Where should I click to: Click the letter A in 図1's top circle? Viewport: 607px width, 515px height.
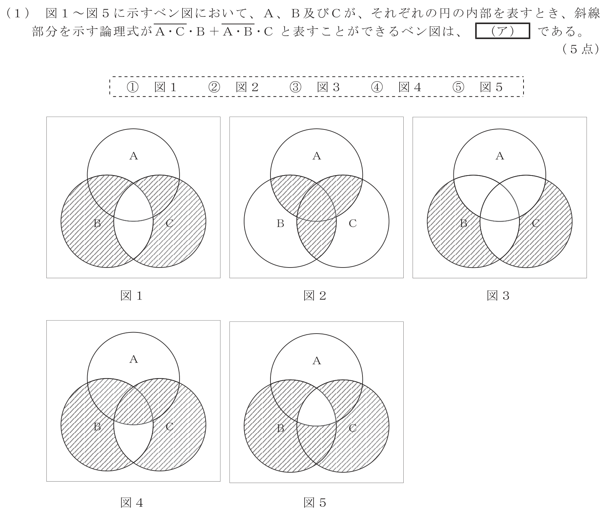click(x=133, y=156)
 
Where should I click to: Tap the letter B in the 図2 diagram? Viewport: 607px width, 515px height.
click(x=280, y=223)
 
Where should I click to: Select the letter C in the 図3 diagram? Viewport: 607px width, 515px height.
click(x=536, y=223)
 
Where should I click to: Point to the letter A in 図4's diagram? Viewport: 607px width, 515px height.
click(x=133, y=359)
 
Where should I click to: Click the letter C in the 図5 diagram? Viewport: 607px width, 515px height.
click(x=352, y=428)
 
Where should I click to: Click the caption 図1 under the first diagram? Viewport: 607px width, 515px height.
click(x=131, y=296)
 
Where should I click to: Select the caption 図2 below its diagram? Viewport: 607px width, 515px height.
click(x=315, y=296)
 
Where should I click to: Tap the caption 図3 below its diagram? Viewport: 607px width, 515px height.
click(x=498, y=296)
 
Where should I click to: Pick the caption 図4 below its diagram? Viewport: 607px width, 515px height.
click(x=131, y=503)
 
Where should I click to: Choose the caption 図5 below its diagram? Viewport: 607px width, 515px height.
click(x=315, y=503)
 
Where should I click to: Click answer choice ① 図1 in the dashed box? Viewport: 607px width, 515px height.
click(x=151, y=87)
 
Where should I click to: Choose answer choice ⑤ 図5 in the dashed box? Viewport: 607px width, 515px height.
click(x=478, y=87)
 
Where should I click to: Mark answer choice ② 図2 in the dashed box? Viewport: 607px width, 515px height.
click(x=233, y=87)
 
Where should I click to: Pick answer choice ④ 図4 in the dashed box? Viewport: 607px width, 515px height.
click(x=396, y=87)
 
